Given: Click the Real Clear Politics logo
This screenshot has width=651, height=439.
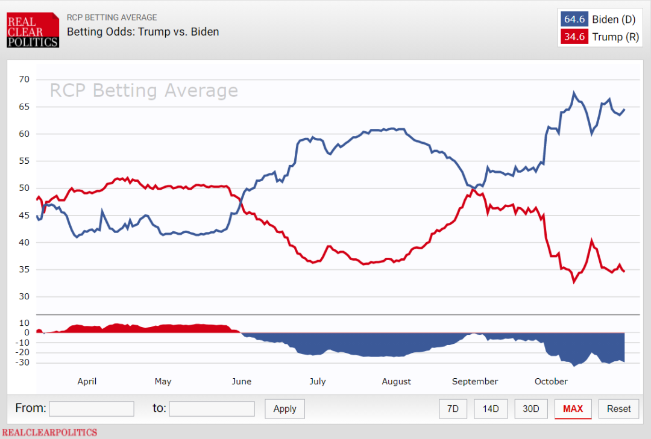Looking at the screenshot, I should click(x=33, y=30).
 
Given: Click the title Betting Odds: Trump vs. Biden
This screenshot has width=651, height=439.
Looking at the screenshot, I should click(x=143, y=31).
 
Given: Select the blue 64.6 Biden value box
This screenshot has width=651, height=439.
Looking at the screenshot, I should click(x=574, y=19).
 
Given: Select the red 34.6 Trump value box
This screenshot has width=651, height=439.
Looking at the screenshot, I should click(x=574, y=37).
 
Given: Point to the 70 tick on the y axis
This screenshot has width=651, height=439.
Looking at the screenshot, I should click(x=24, y=79).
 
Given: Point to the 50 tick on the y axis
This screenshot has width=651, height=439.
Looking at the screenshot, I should click(x=24, y=188).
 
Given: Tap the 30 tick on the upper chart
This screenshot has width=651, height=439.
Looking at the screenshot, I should click(x=24, y=297).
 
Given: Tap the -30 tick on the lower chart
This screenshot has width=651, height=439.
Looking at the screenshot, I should click(x=22, y=363).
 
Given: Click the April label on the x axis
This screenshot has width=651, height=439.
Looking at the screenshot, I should click(x=87, y=381).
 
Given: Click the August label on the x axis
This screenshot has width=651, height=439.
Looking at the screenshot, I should click(x=397, y=381).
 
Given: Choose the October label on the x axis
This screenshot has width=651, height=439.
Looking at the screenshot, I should click(x=551, y=381).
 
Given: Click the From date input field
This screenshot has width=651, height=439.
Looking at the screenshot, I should click(x=92, y=409).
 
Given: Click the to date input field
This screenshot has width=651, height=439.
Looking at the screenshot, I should click(x=212, y=409).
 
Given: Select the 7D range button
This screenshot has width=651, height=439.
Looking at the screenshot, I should click(x=453, y=409).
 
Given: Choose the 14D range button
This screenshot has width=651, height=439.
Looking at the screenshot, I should click(x=491, y=409).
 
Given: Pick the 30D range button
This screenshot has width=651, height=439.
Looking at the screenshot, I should click(x=530, y=409).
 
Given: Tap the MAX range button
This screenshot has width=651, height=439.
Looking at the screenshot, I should click(x=573, y=409).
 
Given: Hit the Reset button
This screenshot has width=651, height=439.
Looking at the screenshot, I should click(x=618, y=409).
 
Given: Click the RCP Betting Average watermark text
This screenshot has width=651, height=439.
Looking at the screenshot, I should click(x=143, y=91).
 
